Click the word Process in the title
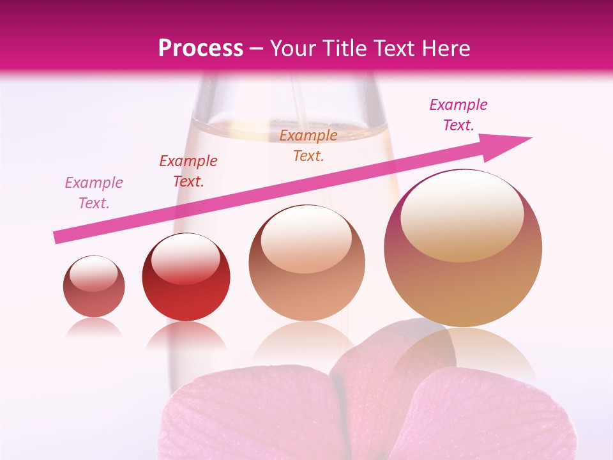pos(201,49)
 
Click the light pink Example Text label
pos(94,193)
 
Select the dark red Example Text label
pos(188,171)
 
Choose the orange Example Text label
pos(308,146)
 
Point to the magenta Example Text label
pos(458,115)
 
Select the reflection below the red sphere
pos(186,335)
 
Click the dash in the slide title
pos(257,49)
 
